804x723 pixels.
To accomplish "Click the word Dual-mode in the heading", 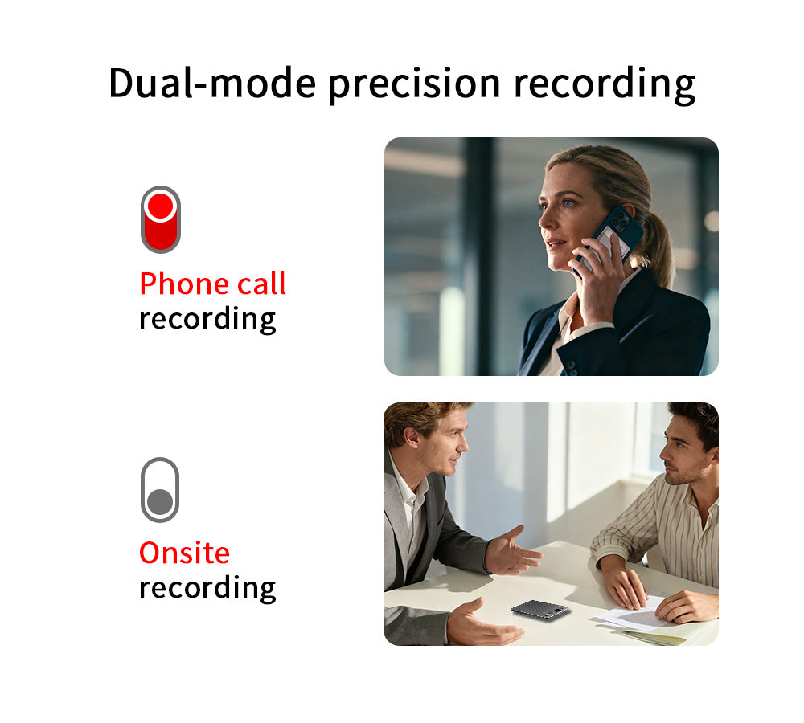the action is point(212,83).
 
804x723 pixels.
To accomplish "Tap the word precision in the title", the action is point(414,84).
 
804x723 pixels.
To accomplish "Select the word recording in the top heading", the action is point(604,84).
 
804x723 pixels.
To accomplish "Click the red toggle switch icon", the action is point(161,219).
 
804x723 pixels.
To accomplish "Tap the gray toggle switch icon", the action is point(160,489).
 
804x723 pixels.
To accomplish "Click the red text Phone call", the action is point(213,284).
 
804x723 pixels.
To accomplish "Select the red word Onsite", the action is point(185,553).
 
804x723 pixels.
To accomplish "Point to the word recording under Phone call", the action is point(207,319).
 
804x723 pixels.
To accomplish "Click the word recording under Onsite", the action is point(207,588).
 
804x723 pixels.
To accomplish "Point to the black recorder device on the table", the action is point(540,611).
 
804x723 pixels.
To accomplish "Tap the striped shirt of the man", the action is point(667,533).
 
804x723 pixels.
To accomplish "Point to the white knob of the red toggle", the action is point(161,206).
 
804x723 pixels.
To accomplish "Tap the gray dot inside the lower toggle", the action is point(160,501).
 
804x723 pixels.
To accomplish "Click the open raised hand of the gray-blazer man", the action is point(513,552).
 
